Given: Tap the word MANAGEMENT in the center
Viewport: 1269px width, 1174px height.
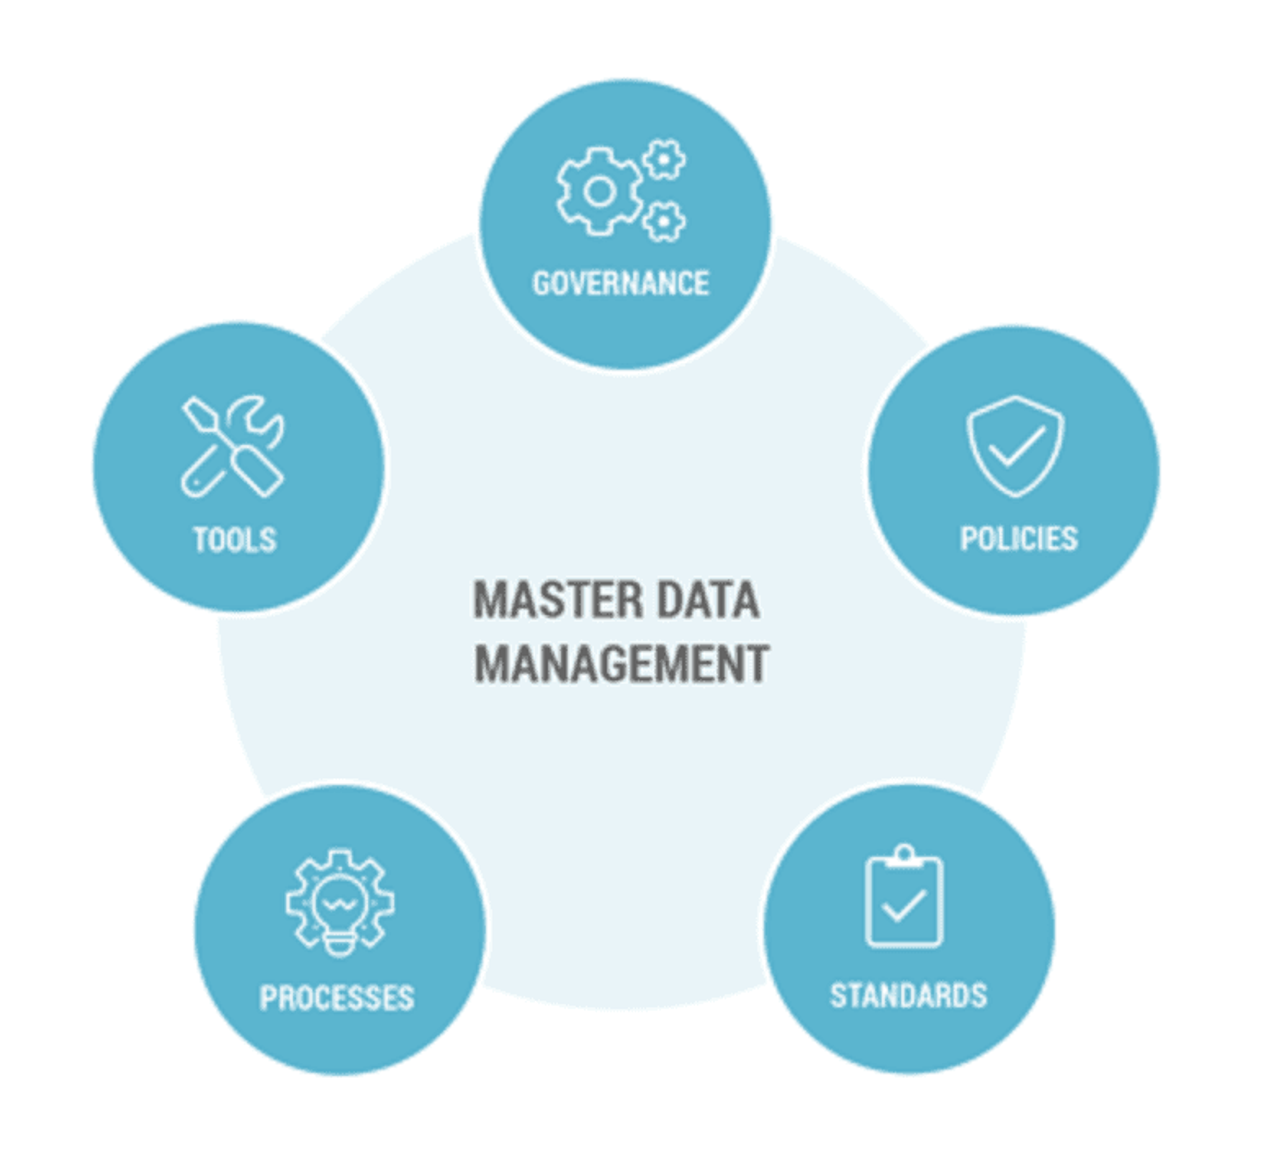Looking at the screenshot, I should click(622, 664).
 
